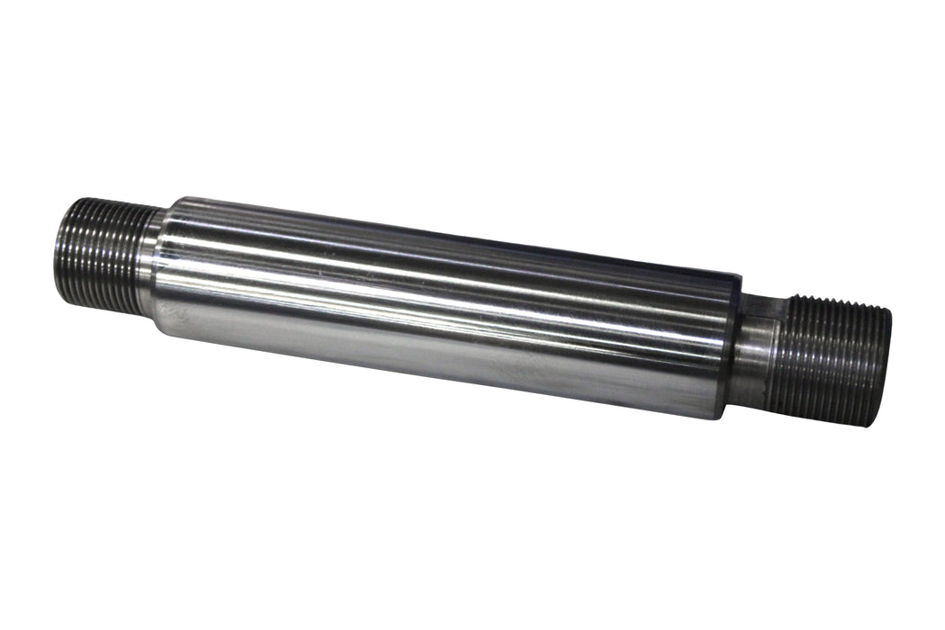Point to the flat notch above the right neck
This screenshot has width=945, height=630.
coord(766,307)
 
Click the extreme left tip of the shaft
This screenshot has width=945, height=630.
coord(56,253)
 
